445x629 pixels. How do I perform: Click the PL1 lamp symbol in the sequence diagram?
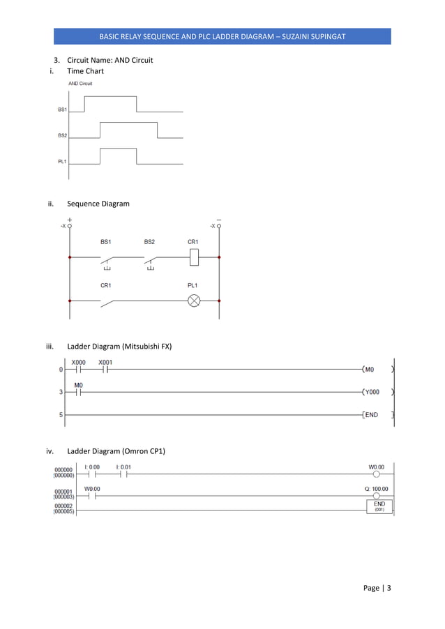tap(195, 301)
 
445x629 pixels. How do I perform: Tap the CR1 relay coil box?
tap(195, 257)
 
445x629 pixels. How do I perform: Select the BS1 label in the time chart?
tap(62, 109)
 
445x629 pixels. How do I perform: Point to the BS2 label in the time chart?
tap(62, 135)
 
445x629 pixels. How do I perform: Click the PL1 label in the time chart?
tap(62, 162)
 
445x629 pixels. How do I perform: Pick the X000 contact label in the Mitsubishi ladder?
tap(79, 363)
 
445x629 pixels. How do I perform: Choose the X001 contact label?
tap(105, 363)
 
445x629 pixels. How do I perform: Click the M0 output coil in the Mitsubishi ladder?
tap(370, 370)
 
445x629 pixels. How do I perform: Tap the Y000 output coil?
tap(372, 392)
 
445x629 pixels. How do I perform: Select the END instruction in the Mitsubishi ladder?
tap(371, 415)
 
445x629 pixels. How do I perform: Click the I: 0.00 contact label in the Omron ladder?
tap(92, 467)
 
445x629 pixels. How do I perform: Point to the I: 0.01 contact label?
tap(123, 467)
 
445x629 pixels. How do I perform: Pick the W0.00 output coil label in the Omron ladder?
tap(376, 467)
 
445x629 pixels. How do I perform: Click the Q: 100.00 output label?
tap(376, 489)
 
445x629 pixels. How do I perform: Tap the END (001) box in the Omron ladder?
tap(379, 506)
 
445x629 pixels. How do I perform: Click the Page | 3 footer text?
tap(377, 588)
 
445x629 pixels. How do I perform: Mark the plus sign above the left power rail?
tap(70, 218)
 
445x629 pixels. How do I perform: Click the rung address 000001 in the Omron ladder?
tap(63, 491)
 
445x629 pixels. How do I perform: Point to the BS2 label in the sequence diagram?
tap(149, 242)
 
